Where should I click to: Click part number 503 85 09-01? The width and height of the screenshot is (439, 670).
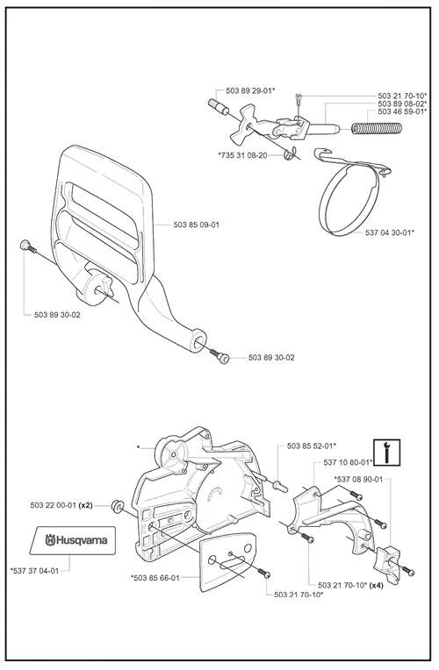click(197, 225)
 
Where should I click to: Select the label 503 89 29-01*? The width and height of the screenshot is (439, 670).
click(250, 90)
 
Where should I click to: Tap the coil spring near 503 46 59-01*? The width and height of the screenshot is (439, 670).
click(377, 128)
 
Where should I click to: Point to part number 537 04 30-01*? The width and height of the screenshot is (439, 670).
click(390, 232)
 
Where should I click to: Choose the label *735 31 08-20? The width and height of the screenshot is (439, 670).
click(242, 155)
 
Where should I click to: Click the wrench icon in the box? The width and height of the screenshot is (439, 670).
click(386, 453)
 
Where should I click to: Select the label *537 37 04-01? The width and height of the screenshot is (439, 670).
click(34, 570)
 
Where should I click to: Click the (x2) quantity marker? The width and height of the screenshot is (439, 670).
click(85, 505)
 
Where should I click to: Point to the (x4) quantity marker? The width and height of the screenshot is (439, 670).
click(376, 586)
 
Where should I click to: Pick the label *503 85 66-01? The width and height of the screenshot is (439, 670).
click(155, 578)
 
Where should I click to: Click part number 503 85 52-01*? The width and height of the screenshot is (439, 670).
click(312, 445)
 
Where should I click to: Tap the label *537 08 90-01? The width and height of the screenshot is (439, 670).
click(358, 479)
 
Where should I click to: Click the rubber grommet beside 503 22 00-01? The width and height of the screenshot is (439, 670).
click(117, 506)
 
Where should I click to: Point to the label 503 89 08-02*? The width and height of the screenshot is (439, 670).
click(403, 103)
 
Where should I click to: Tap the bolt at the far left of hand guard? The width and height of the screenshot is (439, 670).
click(28, 247)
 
